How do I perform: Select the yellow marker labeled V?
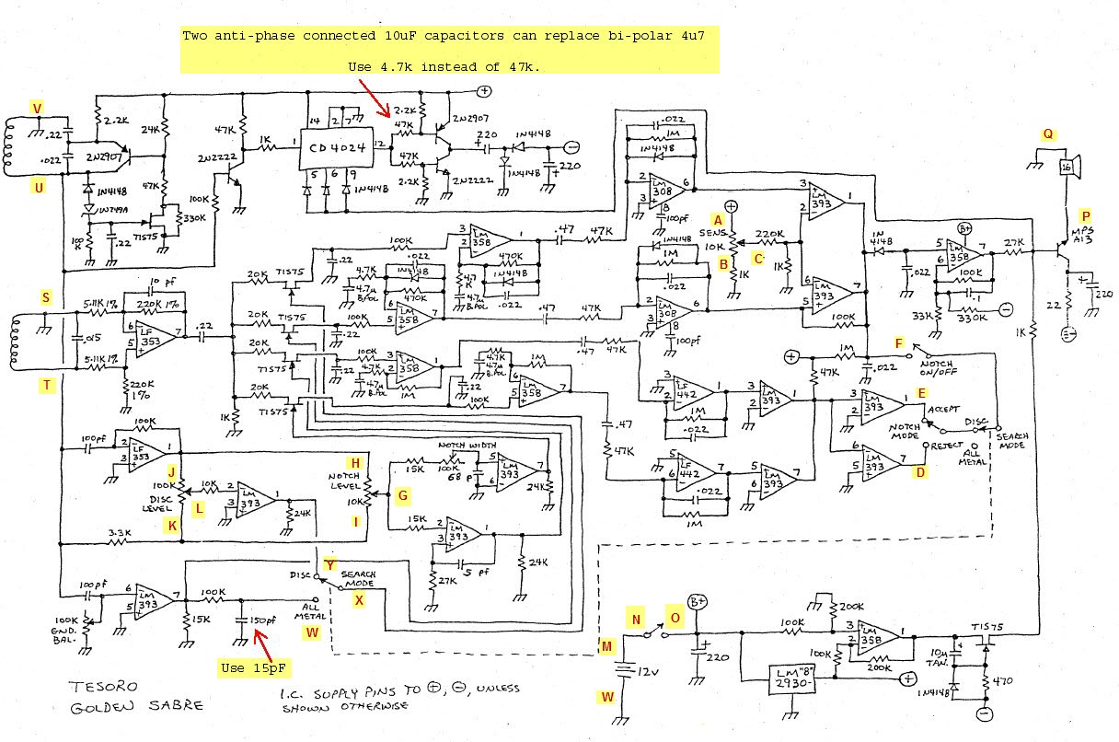(x=38, y=110)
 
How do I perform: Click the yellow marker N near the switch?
(x=636, y=619)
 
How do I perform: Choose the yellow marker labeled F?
(x=899, y=343)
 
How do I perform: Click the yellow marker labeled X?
(x=360, y=599)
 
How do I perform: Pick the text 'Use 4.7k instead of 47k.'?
(x=444, y=67)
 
